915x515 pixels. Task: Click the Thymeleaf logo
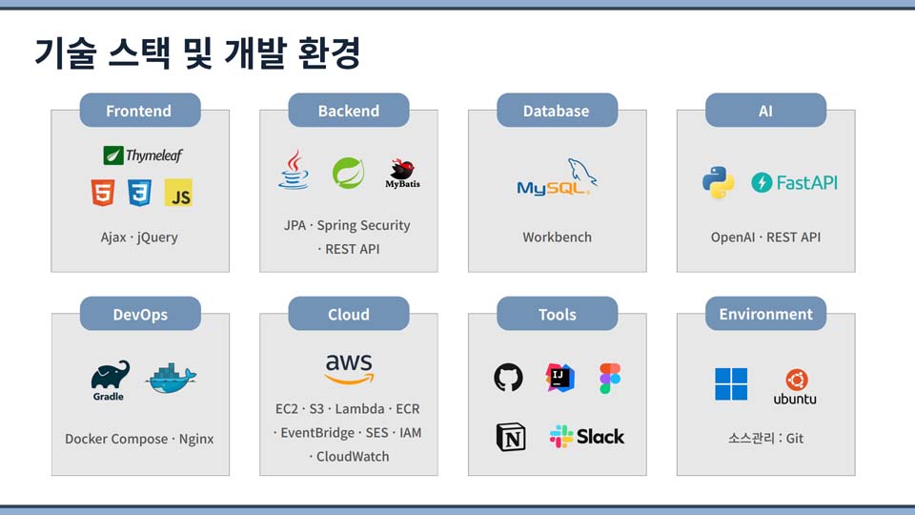pyautogui.click(x=142, y=155)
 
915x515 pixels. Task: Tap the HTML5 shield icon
pyautogui.click(x=103, y=193)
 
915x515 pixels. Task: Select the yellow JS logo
pyautogui.click(x=178, y=193)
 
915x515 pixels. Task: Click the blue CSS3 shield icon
pyautogui.click(x=139, y=193)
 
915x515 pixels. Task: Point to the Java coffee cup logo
pyautogui.click(x=294, y=170)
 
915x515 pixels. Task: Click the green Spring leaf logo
pyautogui.click(x=349, y=173)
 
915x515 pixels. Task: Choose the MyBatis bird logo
pyautogui.click(x=402, y=174)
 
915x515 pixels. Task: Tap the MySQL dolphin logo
pyautogui.click(x=558, y=177)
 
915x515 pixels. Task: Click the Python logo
pyautogui.click(x=718, y=182)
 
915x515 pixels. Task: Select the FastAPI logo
pyautogui.click(x=794, y=183)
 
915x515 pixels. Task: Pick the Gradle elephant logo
pyautogui.click(x=110, y=381)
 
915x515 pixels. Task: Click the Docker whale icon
pyautogui.click(x=171, y=379)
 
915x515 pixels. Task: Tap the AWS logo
pyautogui.click(x=349, y=369)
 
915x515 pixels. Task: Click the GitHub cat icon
pyautogui.click(x=508, y=378)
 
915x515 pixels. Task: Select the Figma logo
pyautogui.click(x=610, y=378)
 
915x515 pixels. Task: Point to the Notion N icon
pyautogui.click(x=511, y=438)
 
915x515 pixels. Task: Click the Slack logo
pyautogui.click(x=587, y=437)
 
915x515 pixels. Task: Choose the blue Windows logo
pyautogui.click(x=731, y=383)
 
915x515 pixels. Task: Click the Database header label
pyautogui.click(x=557, y=111)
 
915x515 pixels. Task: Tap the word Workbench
pyautogui.click(x=558, y=237)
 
